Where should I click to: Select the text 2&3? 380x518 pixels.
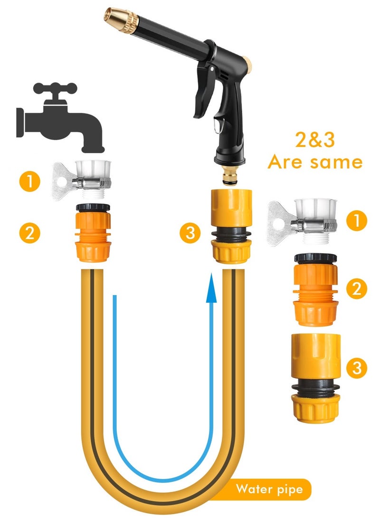click(314, 141)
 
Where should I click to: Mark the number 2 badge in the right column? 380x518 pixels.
click(356, 288)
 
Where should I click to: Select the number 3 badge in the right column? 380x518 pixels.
click(356, 367)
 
